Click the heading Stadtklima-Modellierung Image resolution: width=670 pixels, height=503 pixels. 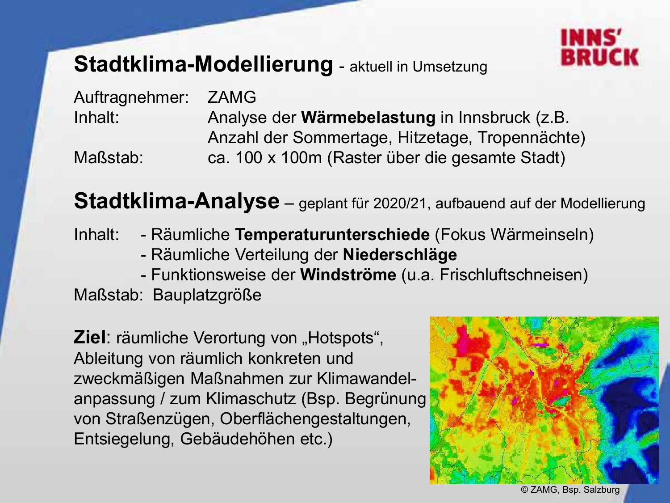tap(203, 64)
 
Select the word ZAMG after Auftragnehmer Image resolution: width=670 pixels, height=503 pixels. tap(232, 97)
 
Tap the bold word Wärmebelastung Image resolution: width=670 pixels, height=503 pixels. tap(368, 118)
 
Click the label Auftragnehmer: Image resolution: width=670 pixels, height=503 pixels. tap(131, 98)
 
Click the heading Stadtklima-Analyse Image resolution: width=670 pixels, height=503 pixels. tap(176, 202)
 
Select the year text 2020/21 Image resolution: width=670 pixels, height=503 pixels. tap(400, 203)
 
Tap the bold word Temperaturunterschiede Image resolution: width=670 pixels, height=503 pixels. tap(332, 235)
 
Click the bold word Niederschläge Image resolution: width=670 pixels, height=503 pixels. tap(400, 255)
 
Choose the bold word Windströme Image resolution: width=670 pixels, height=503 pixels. tap(348, 275)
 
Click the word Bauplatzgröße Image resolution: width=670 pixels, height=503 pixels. tap(207, 295)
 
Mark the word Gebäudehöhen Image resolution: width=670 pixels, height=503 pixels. tap(238, 439)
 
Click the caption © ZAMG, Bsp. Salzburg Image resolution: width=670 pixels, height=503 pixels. tap(570, 490)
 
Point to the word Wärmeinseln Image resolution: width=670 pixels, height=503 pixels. tap(539, 235)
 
